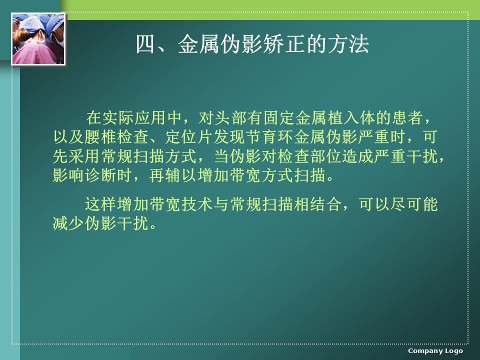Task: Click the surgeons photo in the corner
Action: pos(38,39)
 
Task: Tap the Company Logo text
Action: pos(435,351)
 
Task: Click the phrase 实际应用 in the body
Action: pos(134,118)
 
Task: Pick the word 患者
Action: pos(408,118)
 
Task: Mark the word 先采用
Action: pos(77,156)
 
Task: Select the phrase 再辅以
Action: pos(173,175)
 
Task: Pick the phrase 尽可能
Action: pos(414,204)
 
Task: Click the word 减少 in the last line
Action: pos(68,223)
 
